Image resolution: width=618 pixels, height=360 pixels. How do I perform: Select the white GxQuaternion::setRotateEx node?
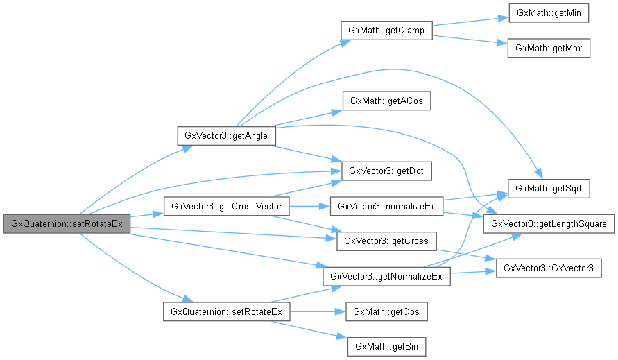[x=226, y=311]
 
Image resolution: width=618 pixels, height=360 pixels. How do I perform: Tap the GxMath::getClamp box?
[x=386, y=31]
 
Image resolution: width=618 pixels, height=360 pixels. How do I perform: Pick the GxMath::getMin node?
[x=549, y=14]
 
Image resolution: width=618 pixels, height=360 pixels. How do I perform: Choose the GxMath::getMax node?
[x=549, y=49]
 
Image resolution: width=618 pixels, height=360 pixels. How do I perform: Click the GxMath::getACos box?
[x=386, y=101]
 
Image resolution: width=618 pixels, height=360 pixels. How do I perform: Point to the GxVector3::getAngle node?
[x=227, y=135]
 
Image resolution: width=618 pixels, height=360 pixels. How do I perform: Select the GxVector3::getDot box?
[x=386, y=171]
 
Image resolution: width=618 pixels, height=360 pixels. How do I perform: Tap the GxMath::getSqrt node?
[x=549, y=188]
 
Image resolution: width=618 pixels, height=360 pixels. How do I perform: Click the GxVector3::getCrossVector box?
[x=226, y=206]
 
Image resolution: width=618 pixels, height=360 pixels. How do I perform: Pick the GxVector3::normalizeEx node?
[x=386, y=206]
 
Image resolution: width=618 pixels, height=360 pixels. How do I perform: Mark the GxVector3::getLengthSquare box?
[x=549, y=223]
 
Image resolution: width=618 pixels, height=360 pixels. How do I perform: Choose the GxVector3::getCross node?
[x=386, y=241]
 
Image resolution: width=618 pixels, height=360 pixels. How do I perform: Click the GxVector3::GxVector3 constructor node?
[x=549, y=267]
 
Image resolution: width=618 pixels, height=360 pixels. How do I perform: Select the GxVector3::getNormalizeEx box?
[x=386, y=276]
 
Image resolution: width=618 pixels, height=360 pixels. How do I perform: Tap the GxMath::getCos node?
[x=386, y=311]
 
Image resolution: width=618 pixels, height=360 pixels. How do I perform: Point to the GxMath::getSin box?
[x=386, y=346]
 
